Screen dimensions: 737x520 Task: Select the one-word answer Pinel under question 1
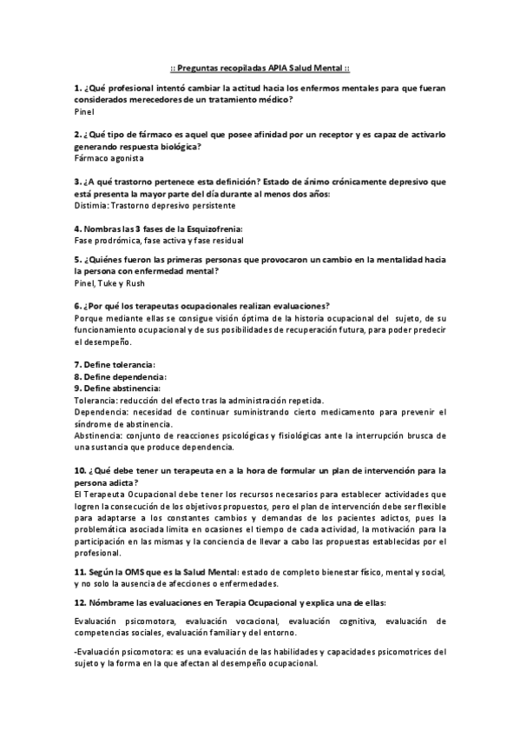pyautogui.click(x=84, y=112)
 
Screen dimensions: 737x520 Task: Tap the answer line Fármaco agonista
pyautogui.click(x=109, y=159)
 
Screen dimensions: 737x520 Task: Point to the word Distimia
pyautogui.click(x=91, y=206)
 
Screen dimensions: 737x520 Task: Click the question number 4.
pyautogui.click(x=78, y=229)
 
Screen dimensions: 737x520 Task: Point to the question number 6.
pyautogui.click(x=78, y=306)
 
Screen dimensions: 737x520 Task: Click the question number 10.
pyautogui.click(x=80, y=470)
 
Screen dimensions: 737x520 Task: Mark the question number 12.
pyautogui.click(x=81, y=602)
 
